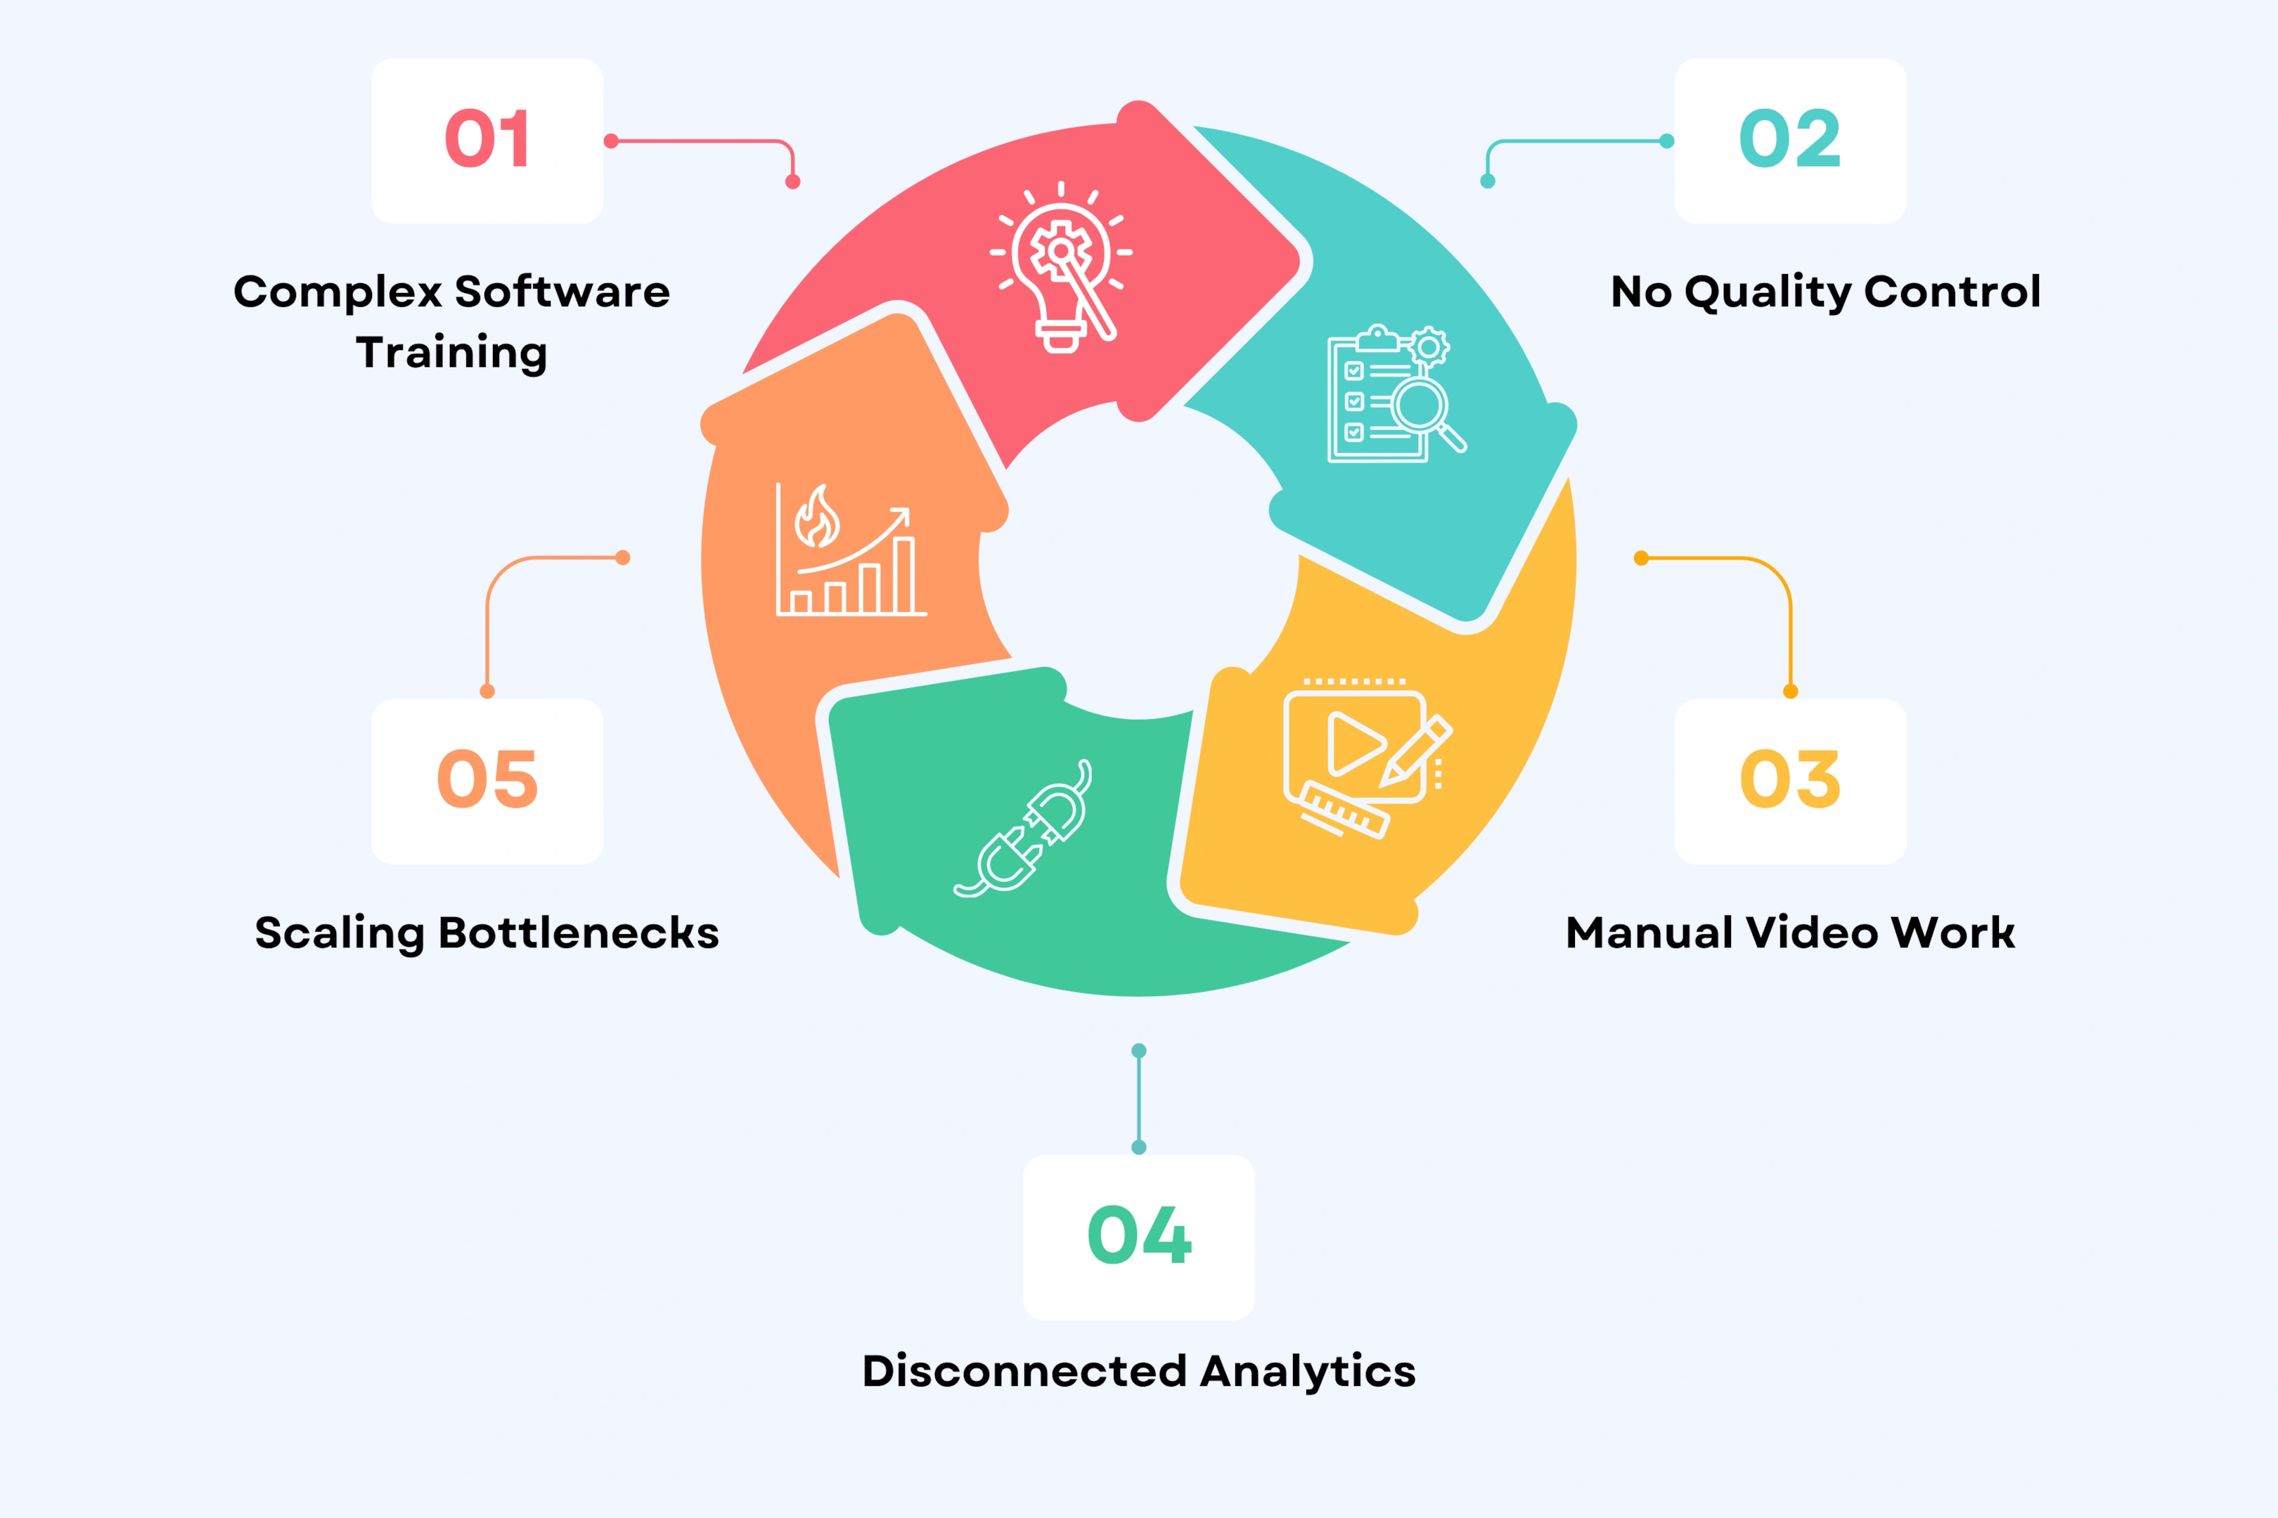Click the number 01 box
(487, 141)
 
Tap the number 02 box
(1790, 141)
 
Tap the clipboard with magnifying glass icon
(1395, 394)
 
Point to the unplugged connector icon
(1024, 831)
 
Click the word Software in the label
(562, 292)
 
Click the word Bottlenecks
(578, 933)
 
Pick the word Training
(451, 352)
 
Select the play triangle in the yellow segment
(1354, 744)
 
